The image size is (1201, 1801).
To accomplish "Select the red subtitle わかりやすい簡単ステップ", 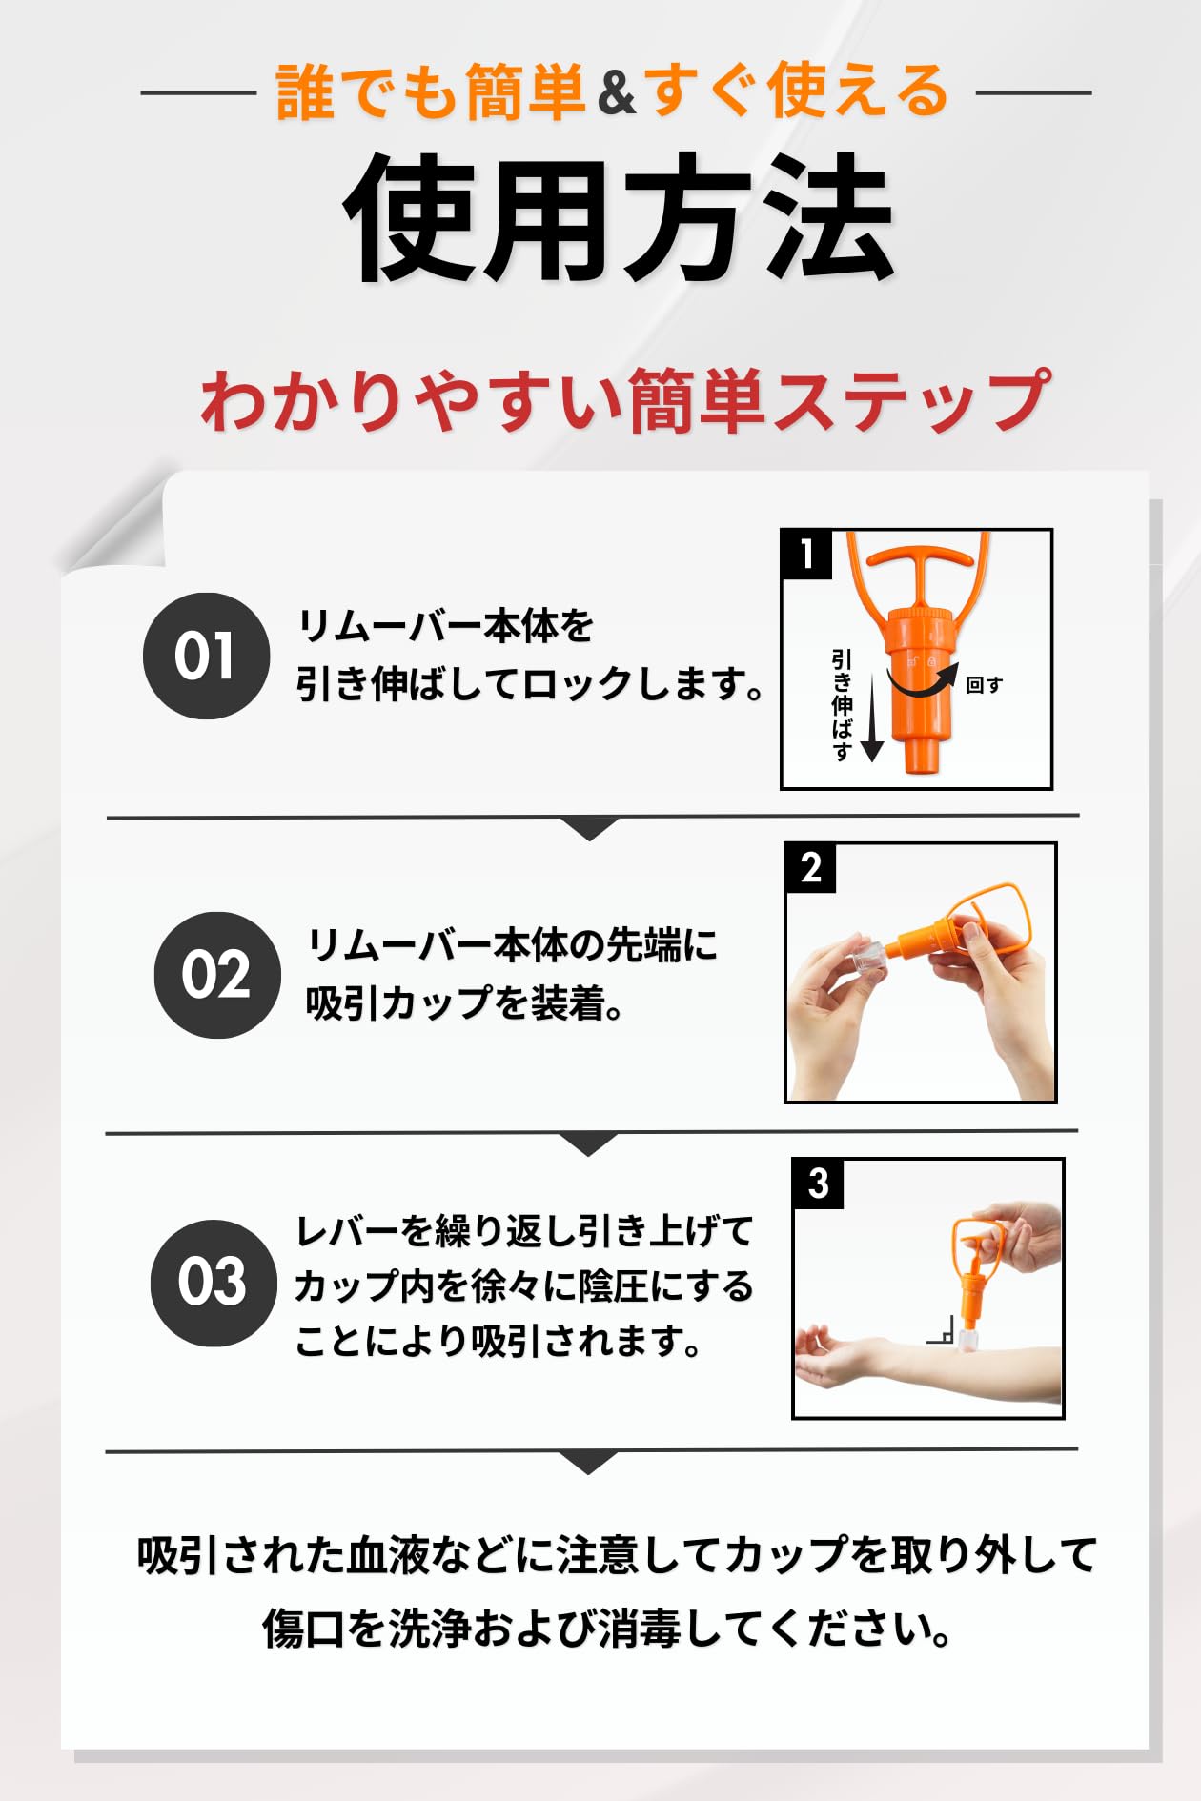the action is (x=625, y=401).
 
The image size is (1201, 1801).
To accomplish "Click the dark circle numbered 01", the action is (x=206, y=656).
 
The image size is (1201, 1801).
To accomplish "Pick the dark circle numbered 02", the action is (x=217, y=975).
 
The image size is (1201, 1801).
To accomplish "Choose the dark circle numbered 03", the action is (x=214, y=1283).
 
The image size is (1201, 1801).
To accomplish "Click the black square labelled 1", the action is (x=806, y=554).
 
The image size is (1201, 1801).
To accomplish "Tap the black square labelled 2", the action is (x=810, y=867).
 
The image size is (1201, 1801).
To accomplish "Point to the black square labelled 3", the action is (x=818, y=1184).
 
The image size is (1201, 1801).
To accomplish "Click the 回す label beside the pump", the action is (x=984, y=685).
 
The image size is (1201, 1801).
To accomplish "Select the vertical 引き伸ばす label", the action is (x=842, y=705).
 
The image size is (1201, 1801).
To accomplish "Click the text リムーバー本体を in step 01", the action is (x=445, y=627).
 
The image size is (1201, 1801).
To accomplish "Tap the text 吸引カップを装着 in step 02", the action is (x=456, y=1002).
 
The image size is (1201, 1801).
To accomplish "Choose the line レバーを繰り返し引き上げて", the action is (x=524, y=1231).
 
